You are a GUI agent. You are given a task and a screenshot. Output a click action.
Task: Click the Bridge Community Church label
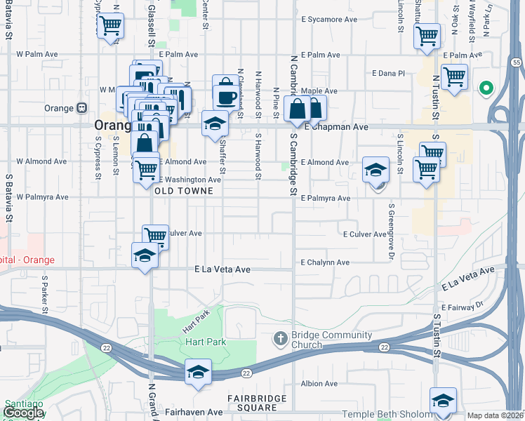tap(317, 340)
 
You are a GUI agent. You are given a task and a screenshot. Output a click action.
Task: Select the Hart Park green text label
tap(204, 342)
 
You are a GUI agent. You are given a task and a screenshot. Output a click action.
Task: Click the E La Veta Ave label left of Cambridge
tap(222, 269)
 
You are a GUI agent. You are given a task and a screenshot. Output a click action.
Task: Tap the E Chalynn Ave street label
tap(324, 262)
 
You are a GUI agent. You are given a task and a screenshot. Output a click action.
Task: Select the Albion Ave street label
tap(319, 384)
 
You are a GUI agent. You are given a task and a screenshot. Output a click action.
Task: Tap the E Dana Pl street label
tap(389, 73)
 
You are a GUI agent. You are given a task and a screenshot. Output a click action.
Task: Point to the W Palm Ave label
tap(36, 53)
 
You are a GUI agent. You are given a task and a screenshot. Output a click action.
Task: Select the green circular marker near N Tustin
tap(485, 88)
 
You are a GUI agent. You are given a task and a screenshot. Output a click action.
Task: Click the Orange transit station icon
tap(82, 108)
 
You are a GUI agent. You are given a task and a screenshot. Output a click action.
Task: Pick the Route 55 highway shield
tap(516, 62)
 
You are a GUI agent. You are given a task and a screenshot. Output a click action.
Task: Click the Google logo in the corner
tap(23, 412)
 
